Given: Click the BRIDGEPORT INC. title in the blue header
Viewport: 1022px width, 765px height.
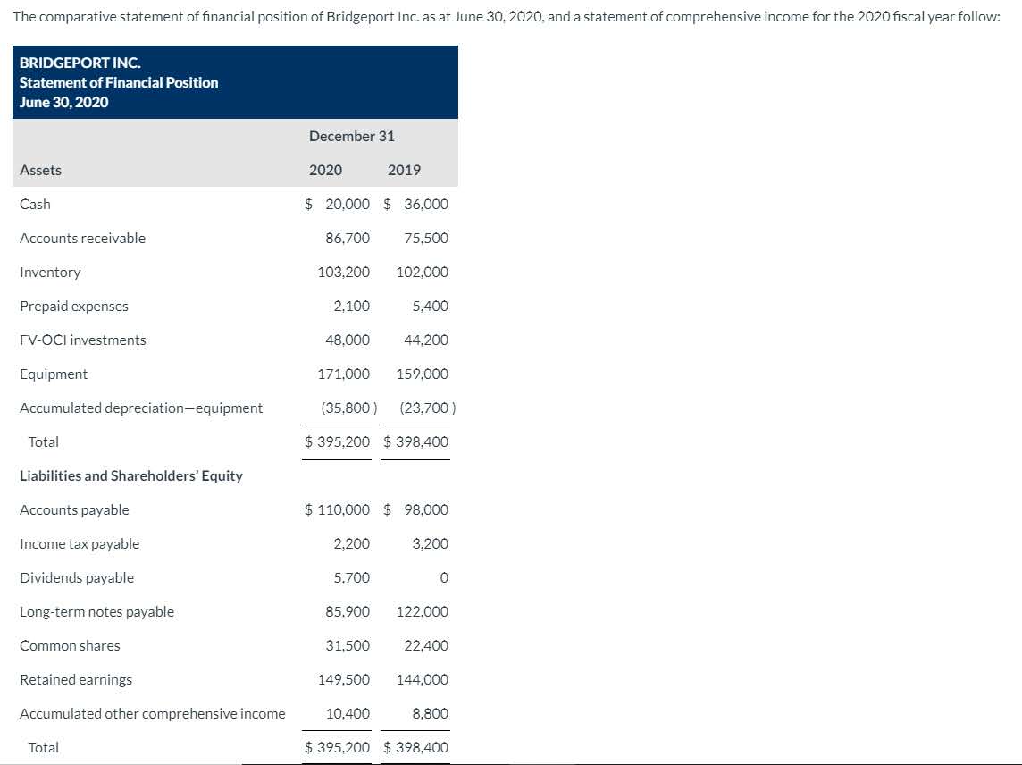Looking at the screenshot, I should (x=80, y=63).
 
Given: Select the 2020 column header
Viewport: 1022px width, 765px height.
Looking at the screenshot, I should (x=325, y=170).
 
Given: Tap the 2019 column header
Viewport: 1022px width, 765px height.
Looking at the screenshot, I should (x=405, y=170).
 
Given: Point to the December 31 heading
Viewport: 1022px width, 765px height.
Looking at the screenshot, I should (x=352, y=136).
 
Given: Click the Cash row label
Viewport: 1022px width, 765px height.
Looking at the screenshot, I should (x=36, y=204).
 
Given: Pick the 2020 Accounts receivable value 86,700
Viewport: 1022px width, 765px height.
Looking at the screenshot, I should (x=348, y=238).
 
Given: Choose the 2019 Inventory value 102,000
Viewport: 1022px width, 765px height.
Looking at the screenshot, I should (x=423, y=272).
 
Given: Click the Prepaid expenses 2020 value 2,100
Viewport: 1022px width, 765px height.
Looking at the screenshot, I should (x=352, y=306).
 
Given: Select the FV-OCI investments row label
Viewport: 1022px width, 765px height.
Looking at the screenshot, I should (x=83, y=340).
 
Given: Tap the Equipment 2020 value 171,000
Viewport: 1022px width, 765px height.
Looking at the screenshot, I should (x=344, y=374).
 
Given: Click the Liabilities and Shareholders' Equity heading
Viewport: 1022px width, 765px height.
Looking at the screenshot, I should (x=131, y=475).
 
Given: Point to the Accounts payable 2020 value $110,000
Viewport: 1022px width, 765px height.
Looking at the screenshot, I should (x=338, y=509).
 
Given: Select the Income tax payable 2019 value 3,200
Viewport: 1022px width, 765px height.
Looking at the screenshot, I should (x=430, y=543).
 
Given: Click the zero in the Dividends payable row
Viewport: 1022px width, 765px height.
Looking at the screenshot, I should (x=444, y=578).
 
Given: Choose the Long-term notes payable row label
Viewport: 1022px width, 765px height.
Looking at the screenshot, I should (x=97, y=611).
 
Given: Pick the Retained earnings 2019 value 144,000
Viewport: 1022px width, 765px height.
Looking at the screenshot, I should (x=423, y=679).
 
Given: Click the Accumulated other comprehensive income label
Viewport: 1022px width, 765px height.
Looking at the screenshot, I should (x=153, y=713).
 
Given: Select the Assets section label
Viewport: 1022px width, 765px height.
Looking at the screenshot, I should (x=41, y=170).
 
